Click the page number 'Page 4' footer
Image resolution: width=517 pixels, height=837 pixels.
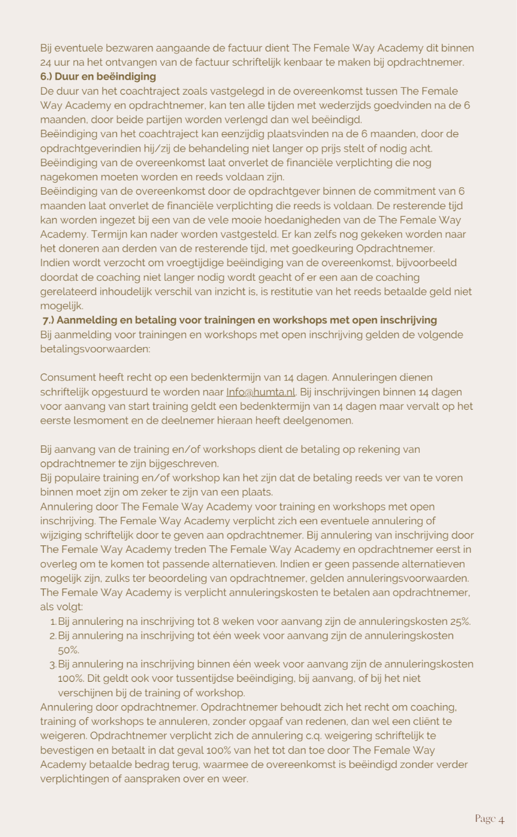[489, 819]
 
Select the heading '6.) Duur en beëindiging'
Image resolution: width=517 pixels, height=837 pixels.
[98, 77]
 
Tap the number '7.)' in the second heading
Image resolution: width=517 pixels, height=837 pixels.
[49, 320]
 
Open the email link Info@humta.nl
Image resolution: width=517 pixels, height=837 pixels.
[261, 392]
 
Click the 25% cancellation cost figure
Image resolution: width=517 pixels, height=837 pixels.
[459, 621]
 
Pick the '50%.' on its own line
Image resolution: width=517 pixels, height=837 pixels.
[69, 650]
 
